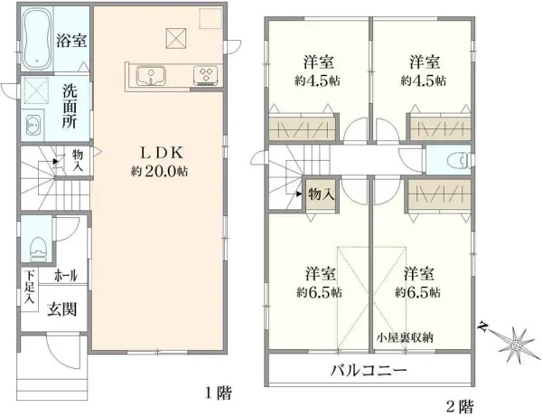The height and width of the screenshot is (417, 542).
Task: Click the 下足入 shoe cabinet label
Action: click(x=29, y=288)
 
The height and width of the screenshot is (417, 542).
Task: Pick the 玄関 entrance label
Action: click(x=63, y=308)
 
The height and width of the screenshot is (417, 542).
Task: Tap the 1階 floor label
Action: click(x=218, y=393)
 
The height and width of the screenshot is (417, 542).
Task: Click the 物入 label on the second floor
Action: click(x=320, y=193)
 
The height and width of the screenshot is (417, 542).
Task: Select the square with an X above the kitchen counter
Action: click(x=173, y=37)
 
